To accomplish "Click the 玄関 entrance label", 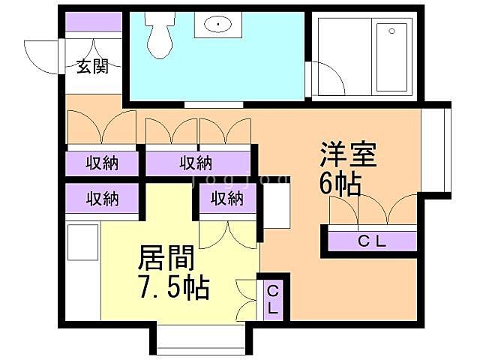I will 91,67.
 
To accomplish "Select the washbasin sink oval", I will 218,25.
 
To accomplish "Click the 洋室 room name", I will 348,155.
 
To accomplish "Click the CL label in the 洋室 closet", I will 370,241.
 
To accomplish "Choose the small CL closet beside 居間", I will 272,299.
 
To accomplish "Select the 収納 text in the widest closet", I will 196,163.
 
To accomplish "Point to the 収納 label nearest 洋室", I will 226,199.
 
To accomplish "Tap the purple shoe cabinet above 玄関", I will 92,22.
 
